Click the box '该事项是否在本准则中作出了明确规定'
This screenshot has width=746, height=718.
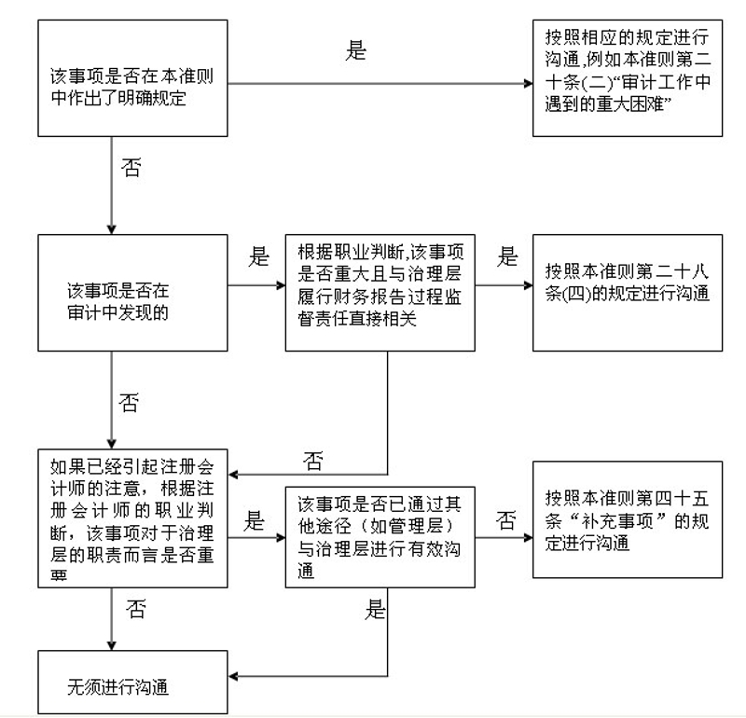(132, 78)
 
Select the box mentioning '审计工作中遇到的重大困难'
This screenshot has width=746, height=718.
(628, 78)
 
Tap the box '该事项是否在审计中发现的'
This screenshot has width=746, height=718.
(132, 293)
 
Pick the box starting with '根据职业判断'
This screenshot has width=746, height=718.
(380, 293)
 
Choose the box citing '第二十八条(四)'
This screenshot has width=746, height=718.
(628, 293)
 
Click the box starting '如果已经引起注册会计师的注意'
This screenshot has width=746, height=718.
(132, 518)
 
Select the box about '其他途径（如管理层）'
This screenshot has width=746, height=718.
(380, 537)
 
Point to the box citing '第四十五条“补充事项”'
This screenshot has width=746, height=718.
(628, 519)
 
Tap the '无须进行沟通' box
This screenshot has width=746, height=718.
(132, 683)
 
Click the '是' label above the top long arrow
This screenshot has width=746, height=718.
(356, 50)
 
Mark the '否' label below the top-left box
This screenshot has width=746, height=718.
(131, 168)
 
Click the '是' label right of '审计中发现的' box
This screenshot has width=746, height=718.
(259, 256)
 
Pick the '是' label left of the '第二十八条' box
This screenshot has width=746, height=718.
(507, 256)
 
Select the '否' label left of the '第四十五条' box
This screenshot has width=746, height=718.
(505, 520)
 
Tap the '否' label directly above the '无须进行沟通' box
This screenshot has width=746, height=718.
(136, 609)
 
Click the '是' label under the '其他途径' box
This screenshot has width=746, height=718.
(376, 609)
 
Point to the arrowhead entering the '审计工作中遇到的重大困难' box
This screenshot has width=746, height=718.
(529, 84)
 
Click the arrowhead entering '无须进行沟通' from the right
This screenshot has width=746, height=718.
(233, 676)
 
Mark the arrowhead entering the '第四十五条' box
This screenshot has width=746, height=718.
(529, 538)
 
